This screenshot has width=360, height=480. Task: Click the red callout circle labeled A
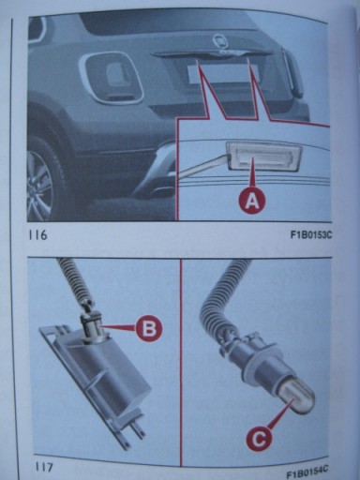click(252, 202)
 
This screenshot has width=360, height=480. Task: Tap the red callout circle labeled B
click(149, 327)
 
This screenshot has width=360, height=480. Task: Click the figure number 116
click(37, 235)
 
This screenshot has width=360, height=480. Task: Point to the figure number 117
click(43, 467)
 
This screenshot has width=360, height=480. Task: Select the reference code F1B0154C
click(307, 470)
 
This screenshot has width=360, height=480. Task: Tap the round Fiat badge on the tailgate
click(220, 41)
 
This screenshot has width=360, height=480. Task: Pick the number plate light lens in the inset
click(264, 155)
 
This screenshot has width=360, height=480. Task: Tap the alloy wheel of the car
click(40, 185)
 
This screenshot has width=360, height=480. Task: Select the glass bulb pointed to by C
click(297, 398)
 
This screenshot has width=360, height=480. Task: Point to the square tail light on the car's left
click(111, 78)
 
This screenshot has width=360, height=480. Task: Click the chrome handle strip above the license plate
click(212, 55)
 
